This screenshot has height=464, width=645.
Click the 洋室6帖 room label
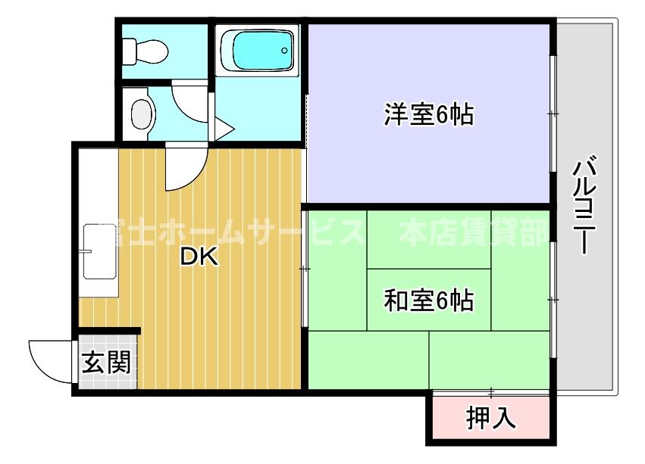click(429, 115)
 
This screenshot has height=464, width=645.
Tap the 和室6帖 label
click(429, 301)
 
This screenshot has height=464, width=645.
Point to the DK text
click(199, 257)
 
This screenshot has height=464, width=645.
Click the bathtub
click(257, 51)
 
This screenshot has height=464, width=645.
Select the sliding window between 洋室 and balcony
click(553, 114)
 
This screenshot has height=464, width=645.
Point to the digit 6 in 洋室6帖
click(442, 115)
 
